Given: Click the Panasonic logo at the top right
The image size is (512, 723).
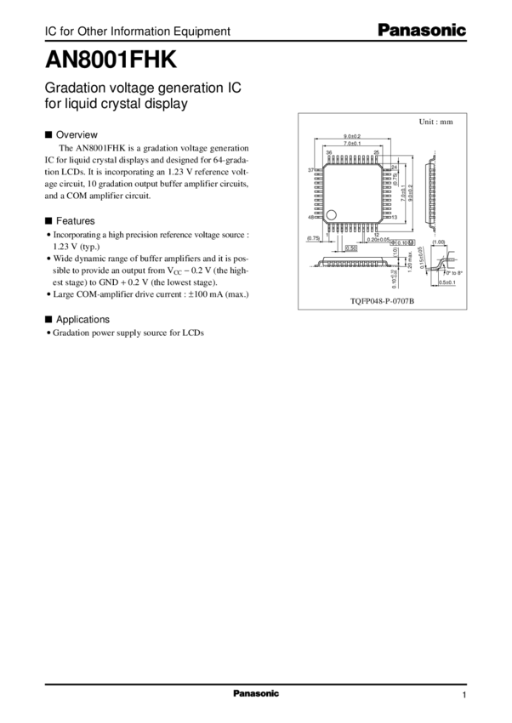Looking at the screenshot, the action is [422, 31].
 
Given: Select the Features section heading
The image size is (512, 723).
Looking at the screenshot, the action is [77, 219].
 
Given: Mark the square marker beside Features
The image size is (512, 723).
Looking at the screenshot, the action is [48, 219].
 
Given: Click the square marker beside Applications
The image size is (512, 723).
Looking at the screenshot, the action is [48, 319].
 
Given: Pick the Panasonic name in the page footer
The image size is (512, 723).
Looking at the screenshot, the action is [255, 693].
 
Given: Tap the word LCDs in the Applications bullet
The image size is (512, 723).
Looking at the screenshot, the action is [192, 333].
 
